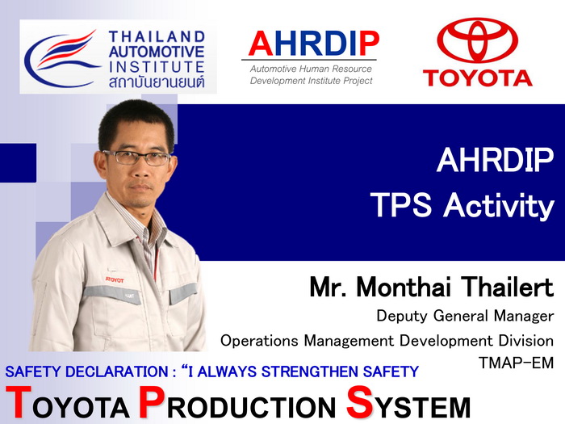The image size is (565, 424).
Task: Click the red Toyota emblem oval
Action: point(478,40)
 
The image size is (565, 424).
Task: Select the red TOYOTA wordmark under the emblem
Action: point(478,78)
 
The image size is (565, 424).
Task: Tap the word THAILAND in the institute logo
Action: point(157,36)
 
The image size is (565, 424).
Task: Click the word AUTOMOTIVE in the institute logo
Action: point(157,52)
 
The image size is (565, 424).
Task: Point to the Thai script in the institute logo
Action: point(157,82)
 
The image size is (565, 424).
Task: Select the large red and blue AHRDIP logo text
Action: point(313,44)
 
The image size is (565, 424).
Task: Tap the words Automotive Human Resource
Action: point(311,69)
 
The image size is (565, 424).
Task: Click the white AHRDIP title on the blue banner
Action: point(495,160)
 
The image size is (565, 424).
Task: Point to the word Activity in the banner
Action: point(499,205)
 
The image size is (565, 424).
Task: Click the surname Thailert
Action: point(508,287)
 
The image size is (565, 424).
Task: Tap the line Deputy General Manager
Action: point(465,316)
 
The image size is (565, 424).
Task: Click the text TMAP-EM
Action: point(516,363)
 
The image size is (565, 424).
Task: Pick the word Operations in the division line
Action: point(259,341)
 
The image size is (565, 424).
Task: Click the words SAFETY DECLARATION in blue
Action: point(86,372)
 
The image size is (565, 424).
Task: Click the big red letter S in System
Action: point(359,401)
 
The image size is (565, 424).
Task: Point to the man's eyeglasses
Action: point(137,158)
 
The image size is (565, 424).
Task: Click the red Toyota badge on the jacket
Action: point(115,279)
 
